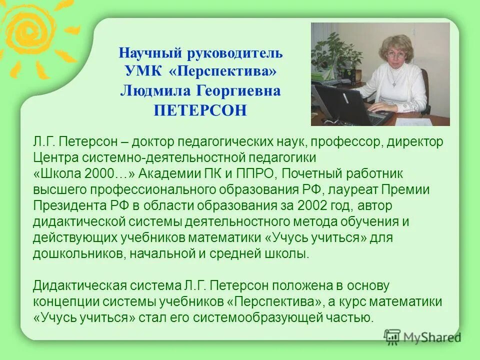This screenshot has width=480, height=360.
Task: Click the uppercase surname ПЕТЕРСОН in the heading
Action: pyautogui.click(x=200, y=110)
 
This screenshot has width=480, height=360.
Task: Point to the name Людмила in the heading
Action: pyautogui.click(x=149, y=91)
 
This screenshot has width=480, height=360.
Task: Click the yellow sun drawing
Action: pyautogui.click(x=27, y=30)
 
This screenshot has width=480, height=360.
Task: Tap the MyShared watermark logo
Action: pyautogui.click(x=422, y=337)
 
